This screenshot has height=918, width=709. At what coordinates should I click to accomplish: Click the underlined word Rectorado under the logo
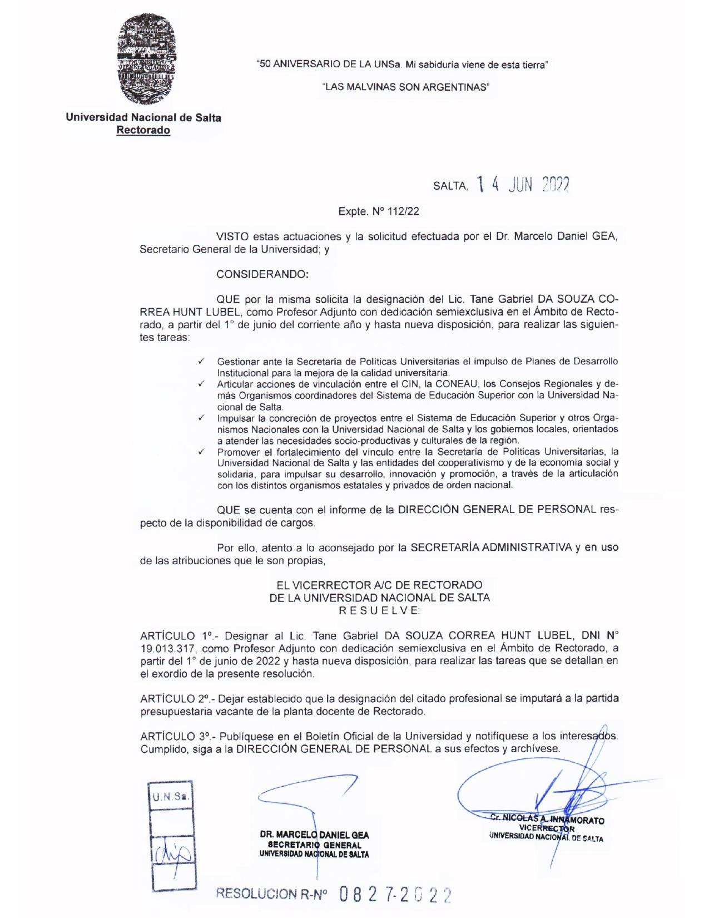pos(143,131)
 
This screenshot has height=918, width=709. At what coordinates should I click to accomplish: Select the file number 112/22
pos(399,211)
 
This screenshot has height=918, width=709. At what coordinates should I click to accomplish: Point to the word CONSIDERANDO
pos(261,274)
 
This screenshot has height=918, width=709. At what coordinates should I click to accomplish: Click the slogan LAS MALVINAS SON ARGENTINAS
pos(406,87)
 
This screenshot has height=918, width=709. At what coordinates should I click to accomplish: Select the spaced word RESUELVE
pos(379,611)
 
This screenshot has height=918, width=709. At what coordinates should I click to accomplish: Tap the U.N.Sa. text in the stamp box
pos(171,796)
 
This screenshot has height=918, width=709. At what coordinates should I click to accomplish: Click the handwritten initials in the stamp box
pos(171,851)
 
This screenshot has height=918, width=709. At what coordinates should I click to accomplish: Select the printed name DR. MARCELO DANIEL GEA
pos(314,835)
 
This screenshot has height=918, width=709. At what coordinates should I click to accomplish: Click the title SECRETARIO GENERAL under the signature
pos(314,845)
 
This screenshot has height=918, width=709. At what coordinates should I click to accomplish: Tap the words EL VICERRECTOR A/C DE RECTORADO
pos(379,585)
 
